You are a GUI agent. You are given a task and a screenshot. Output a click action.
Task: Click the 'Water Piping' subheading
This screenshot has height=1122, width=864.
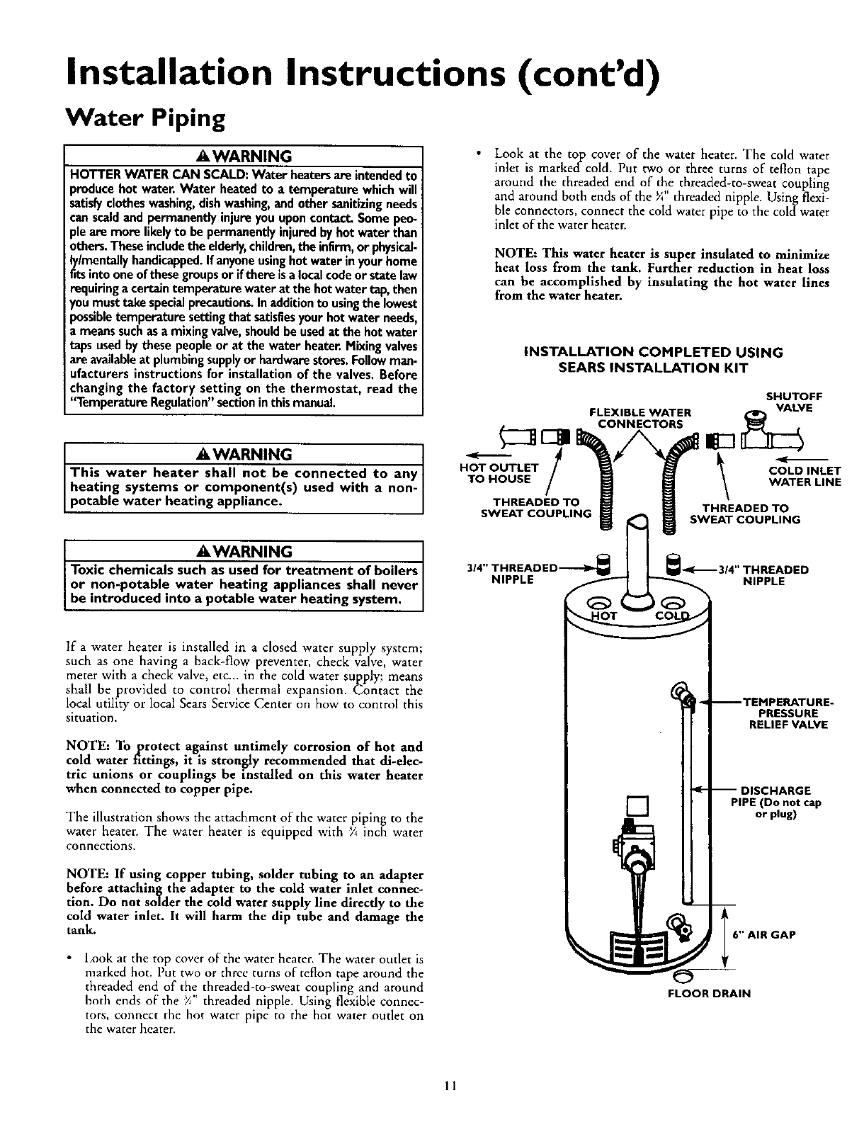pos(144,117)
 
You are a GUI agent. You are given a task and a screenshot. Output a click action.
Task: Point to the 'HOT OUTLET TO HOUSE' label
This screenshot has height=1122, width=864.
pos(500,473)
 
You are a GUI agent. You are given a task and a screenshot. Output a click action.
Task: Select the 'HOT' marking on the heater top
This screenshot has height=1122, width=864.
pos(606,615)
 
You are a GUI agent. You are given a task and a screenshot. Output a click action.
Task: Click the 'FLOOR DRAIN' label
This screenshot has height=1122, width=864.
pos(709,993)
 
